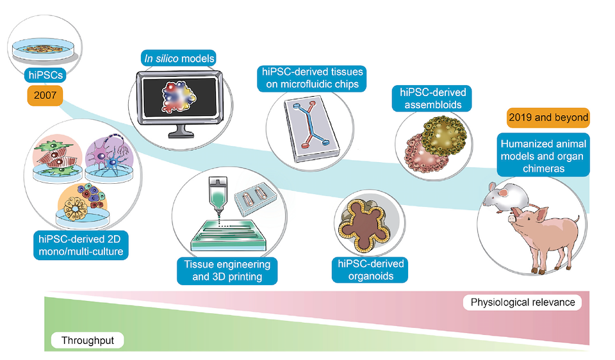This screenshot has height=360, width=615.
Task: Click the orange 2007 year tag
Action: (45, 95)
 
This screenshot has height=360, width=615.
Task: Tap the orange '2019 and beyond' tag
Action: (548, 118)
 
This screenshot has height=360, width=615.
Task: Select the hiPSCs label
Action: (45, 75)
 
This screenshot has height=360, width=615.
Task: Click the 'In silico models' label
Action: (179, 58)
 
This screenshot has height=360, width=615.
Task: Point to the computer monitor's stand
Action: (181, 129)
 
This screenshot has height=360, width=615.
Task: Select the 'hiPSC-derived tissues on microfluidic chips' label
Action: (312, 78)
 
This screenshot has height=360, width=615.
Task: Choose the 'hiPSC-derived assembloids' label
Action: (432, 99)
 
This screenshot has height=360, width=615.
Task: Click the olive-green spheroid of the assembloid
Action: (445, 135)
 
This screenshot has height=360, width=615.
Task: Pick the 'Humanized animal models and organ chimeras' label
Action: (543, 156)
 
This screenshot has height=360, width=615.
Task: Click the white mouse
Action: (504, 196)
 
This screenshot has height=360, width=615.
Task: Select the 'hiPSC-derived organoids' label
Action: (370, 270)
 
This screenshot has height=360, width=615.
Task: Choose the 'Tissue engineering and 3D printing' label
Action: (227, 270)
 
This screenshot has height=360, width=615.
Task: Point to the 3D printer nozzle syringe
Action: (218, 195)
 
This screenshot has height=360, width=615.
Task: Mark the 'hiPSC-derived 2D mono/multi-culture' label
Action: (81, 245)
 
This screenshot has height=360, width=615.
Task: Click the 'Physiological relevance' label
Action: (523, 302)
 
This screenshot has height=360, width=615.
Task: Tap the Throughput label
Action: (88, 340)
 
